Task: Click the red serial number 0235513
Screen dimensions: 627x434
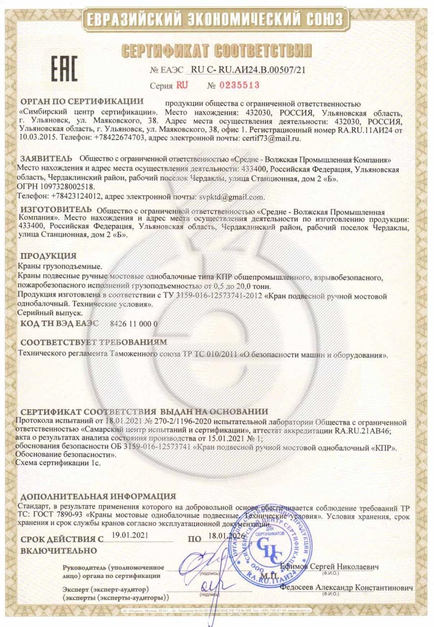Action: pos(233,85)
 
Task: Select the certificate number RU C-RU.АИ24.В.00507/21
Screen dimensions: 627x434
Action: pos(248,70)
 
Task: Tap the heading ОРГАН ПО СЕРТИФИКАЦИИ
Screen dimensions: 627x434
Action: pos(81,102)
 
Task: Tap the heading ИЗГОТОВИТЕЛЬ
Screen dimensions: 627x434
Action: pos(54,210)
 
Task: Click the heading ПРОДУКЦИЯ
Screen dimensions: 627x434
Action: pos(48,256)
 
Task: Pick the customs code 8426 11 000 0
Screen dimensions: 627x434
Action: pos(134,323)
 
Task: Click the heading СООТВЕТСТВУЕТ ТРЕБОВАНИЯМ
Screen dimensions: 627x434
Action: pos(94,341)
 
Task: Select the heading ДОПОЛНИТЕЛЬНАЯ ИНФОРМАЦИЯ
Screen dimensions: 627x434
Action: pos(98,496)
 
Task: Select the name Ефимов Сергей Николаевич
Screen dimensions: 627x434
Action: pos(330,566)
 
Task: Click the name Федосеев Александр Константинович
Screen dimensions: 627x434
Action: pos(346,587)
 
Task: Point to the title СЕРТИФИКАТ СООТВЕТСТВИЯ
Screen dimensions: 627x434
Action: pos(216,49)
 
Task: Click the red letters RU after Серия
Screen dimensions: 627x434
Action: pos(182,85)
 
